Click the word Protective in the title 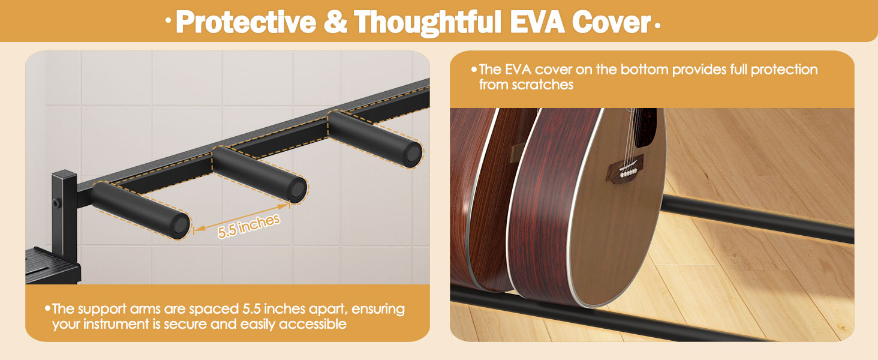coord(246,22)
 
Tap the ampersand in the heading coord(335,22)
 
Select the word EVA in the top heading coord(537,22)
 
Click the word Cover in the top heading coord(611,22)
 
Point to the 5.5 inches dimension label coord(248,226)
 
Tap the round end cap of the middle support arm coord(297,190)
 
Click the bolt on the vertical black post coord(56,203)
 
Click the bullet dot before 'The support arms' coord(48,308)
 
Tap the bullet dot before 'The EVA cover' coord(474,70)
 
